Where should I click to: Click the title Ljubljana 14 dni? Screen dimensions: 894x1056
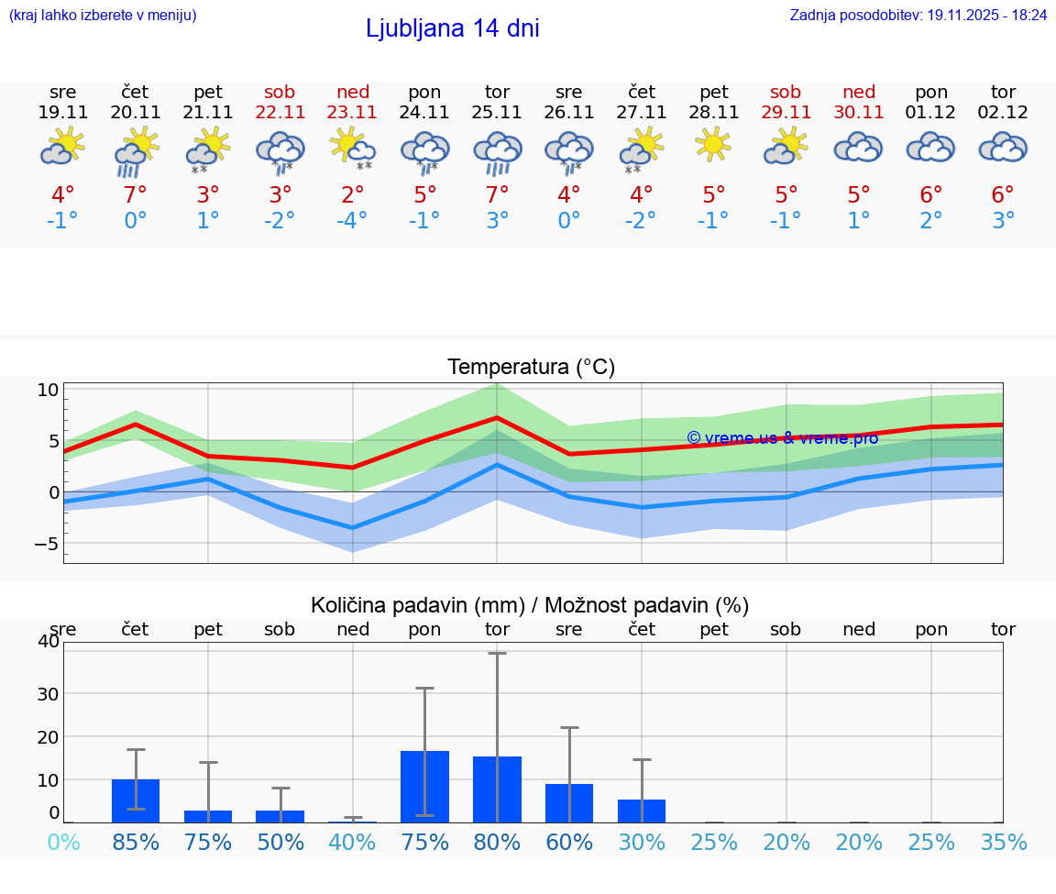pos(452,28)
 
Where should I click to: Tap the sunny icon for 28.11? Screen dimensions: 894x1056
pos(713,144)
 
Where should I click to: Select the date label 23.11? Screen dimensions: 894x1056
pos(353,112)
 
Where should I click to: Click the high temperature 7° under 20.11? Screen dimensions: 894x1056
pos(136,195)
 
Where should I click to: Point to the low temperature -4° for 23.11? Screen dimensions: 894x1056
pos(353,221)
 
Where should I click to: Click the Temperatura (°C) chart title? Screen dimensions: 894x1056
pos(531,367)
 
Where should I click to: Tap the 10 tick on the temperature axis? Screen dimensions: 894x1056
pos(48,390)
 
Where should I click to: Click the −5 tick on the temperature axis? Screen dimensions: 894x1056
pos(45,544)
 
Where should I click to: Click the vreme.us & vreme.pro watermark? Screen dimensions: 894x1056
pos(782,437)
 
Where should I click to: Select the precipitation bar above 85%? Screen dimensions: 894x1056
pos(136,800)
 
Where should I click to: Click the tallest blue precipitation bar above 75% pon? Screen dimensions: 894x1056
pos(424,786)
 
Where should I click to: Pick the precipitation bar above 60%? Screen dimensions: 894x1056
pos(569,802)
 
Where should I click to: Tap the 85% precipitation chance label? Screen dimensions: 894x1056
pos(136,843)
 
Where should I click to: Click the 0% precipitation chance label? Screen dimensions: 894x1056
pos(63,843)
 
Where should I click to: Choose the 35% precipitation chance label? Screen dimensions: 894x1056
pos(1003,843)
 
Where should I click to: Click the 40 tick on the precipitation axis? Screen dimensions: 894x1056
pos(48,641)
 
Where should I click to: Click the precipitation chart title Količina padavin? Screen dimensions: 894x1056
pos(530,605)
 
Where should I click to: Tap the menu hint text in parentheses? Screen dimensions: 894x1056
pos(103,15)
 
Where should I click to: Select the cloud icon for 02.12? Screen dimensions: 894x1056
pos(1003,147)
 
